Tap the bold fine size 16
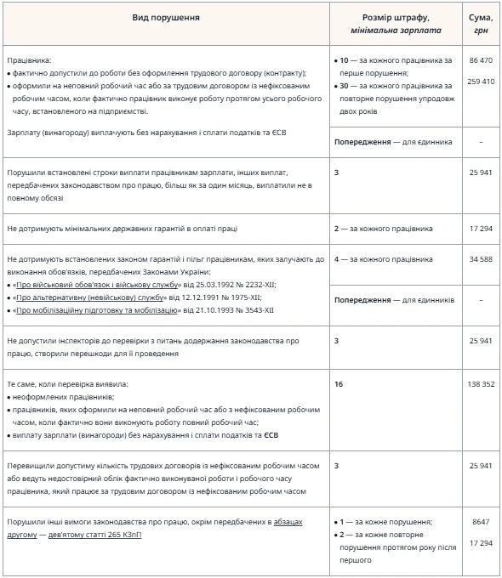click(339, 384)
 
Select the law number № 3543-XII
click(253, 311)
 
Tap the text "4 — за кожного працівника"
click(384, 258)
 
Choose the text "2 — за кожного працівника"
click(384, 228)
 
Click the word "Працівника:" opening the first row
click(29, 61)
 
